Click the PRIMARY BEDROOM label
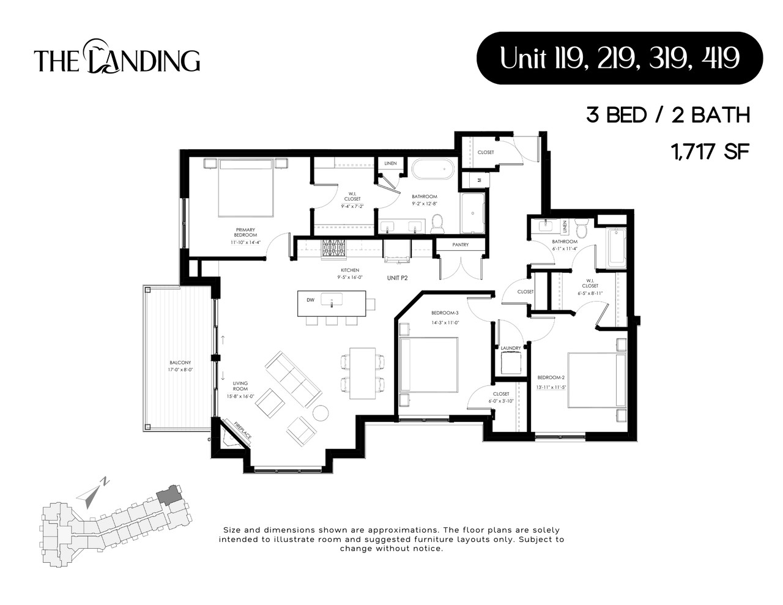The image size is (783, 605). [245, 232]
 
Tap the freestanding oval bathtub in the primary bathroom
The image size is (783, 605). [432, 169]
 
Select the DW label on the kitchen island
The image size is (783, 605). [310, 300]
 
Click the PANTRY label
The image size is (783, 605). [461, 245]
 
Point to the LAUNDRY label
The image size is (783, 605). [511, 348]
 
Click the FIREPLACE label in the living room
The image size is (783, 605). [243, 429]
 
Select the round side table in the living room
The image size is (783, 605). [321, 414]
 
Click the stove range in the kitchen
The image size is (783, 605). [334, 250]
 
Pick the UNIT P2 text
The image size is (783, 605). [397, 278]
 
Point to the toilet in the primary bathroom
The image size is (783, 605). [437, 223]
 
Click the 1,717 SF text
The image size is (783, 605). [710, 151]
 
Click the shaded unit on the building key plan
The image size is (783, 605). [168, 496]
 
